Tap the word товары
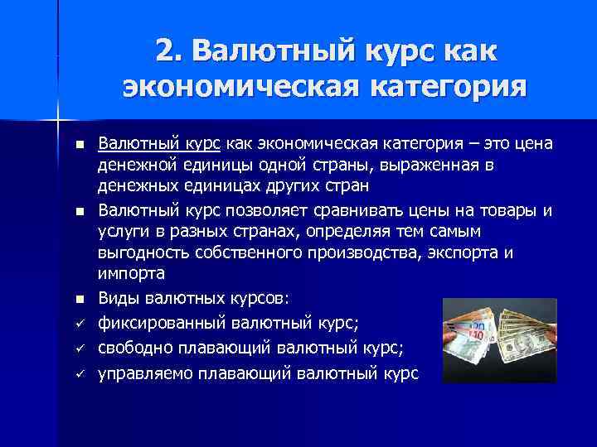tap(507, 209)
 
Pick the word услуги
tap(122, 231)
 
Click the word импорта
tap(131, 273)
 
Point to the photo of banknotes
tap(498, 340)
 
